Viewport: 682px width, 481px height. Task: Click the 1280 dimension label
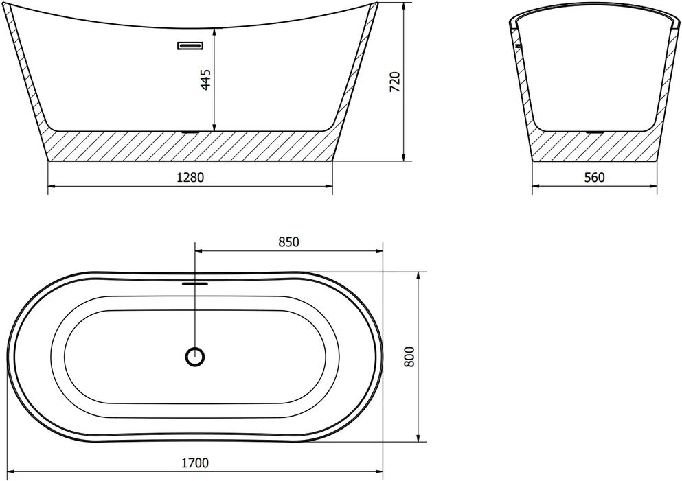pyautogui.click(x=190, y=177)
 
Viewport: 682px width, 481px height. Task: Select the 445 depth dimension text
pyautogui.click(x=205, y=80)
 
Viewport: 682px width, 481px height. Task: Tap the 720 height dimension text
pyautogui.click(x=395, y=82)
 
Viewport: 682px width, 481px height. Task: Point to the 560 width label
pyautogui.click(x=595, y=177)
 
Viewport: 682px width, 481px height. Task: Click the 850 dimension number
pyautogui.click(x=289, y=242)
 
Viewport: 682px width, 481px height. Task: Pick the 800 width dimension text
pyautogui.click(x=410, y=357)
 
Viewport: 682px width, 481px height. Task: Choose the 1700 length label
pyautogui.click(x=195, y=463)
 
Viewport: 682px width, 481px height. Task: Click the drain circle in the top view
pyautogui.click(x=195, y=357)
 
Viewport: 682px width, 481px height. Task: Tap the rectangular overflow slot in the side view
pyautogui.click(x=190, y=45)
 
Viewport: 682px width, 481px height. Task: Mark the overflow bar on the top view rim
pyautogui.click(x=195, y=284)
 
